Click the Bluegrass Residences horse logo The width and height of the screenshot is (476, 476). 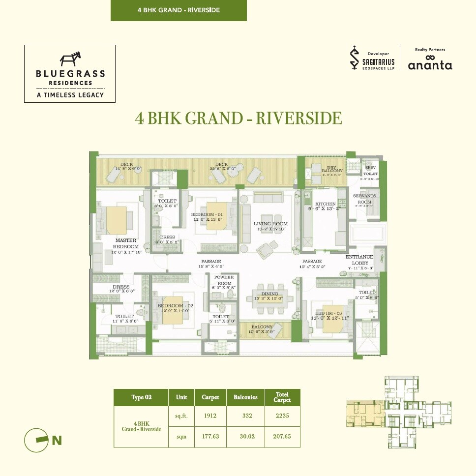click(70, 59)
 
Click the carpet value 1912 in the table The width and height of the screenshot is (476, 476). click(210, 416)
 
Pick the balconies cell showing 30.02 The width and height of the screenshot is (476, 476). click(246, 437)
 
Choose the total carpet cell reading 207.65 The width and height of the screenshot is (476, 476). click(282, 437)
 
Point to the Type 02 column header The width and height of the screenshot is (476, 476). click(141, 397)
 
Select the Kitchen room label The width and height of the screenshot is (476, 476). click(326, 204)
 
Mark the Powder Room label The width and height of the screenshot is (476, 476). click(224, 280)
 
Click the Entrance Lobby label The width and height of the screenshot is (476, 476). click(359, 260)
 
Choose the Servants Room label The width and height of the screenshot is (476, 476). click(364, 199)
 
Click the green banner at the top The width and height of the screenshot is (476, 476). click(178, 10)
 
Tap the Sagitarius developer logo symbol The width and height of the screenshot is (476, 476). click(353, 59)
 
